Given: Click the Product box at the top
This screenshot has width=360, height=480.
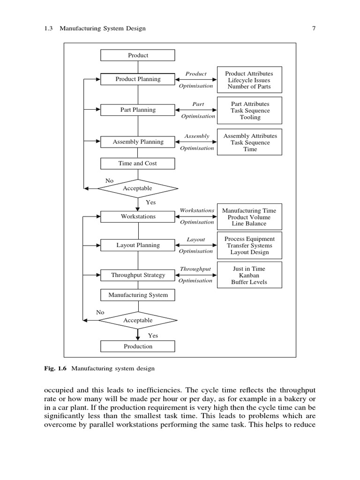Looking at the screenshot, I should point(138,55).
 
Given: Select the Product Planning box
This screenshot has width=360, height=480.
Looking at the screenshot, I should point(138,79).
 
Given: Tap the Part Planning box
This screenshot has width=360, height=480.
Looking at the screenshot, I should point(138,110).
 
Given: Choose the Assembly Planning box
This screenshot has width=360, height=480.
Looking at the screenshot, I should point(138,142).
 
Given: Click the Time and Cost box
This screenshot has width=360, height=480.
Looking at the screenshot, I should point(138,164).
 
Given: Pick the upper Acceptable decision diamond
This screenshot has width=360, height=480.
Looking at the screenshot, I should point(138,188).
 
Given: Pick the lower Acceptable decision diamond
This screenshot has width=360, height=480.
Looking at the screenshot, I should point(138,321).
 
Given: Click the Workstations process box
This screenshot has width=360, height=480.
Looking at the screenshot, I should point(138,217).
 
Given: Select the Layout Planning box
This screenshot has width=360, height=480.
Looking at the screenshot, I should point(138,245).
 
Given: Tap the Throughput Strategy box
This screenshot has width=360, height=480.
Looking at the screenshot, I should point(138,275).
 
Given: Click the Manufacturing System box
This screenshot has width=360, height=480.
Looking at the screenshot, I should point(138,295).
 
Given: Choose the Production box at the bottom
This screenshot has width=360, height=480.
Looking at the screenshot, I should point(138,346).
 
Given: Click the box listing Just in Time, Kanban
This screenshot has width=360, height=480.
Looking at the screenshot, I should point(249,276).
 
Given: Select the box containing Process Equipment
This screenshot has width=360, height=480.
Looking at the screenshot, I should point(249,245).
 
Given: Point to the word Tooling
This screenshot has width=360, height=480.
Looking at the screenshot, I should point(250,118).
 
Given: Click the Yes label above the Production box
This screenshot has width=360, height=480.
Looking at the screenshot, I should point(153,336).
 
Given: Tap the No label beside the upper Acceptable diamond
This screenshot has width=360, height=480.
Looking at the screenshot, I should point(109,180).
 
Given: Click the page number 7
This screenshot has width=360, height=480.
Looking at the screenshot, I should point(314,28).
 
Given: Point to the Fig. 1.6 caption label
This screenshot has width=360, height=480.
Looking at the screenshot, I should point(56,368).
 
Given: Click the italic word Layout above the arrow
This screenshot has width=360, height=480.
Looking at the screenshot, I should point(196,239).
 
